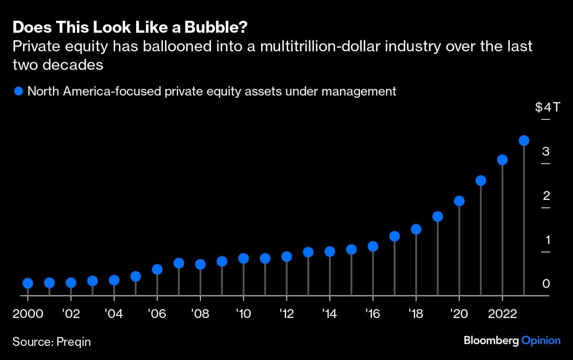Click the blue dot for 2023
pyautogui.click(x=523, y=141)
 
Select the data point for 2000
pyautogui.click(x=27, y=283)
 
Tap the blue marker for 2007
pyautogui.click(x=179, y=263)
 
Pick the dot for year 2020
pyautogui.click(x=459, y=201)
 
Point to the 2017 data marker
pyautogui.click(x=394, y=236)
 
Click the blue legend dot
pyautogui.click(x=19, y=92)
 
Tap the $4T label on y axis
pyautogui.click(x=546, y=107)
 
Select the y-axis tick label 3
pyautogui.click(x=546, y=151)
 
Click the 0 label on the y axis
pyautogui.click(x=546, y=283)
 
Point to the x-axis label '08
pyautogui.click(x=200, y=314)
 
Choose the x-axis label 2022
pyautogui.click(x=502, y=314)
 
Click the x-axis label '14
pyautogui.click(x=329, y=314)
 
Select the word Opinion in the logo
pyautogui.click(x=541, y=341)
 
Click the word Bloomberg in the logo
pyautogui.click(x=491, y=341)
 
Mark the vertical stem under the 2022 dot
pyautogui.click(x=502, y=230)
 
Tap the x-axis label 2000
pyautogui.click(x=28, y=314)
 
